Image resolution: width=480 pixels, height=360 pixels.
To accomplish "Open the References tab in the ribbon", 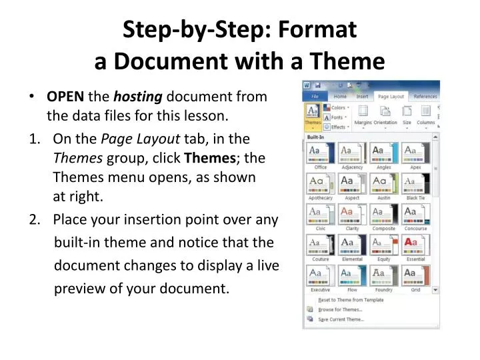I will (425, 96).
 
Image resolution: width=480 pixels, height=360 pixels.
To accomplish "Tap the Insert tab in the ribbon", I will (362, 96).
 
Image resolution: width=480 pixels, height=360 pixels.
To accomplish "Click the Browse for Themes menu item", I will (340, 309).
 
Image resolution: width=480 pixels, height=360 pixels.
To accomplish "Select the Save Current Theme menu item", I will (341, 319).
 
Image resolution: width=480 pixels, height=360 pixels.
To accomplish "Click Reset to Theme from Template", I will (351, 300).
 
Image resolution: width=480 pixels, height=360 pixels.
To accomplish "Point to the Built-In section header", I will (316, 136).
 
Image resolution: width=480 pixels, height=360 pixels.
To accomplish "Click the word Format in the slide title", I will (317, 29).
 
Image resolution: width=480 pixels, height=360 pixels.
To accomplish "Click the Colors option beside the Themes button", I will (338, 107).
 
